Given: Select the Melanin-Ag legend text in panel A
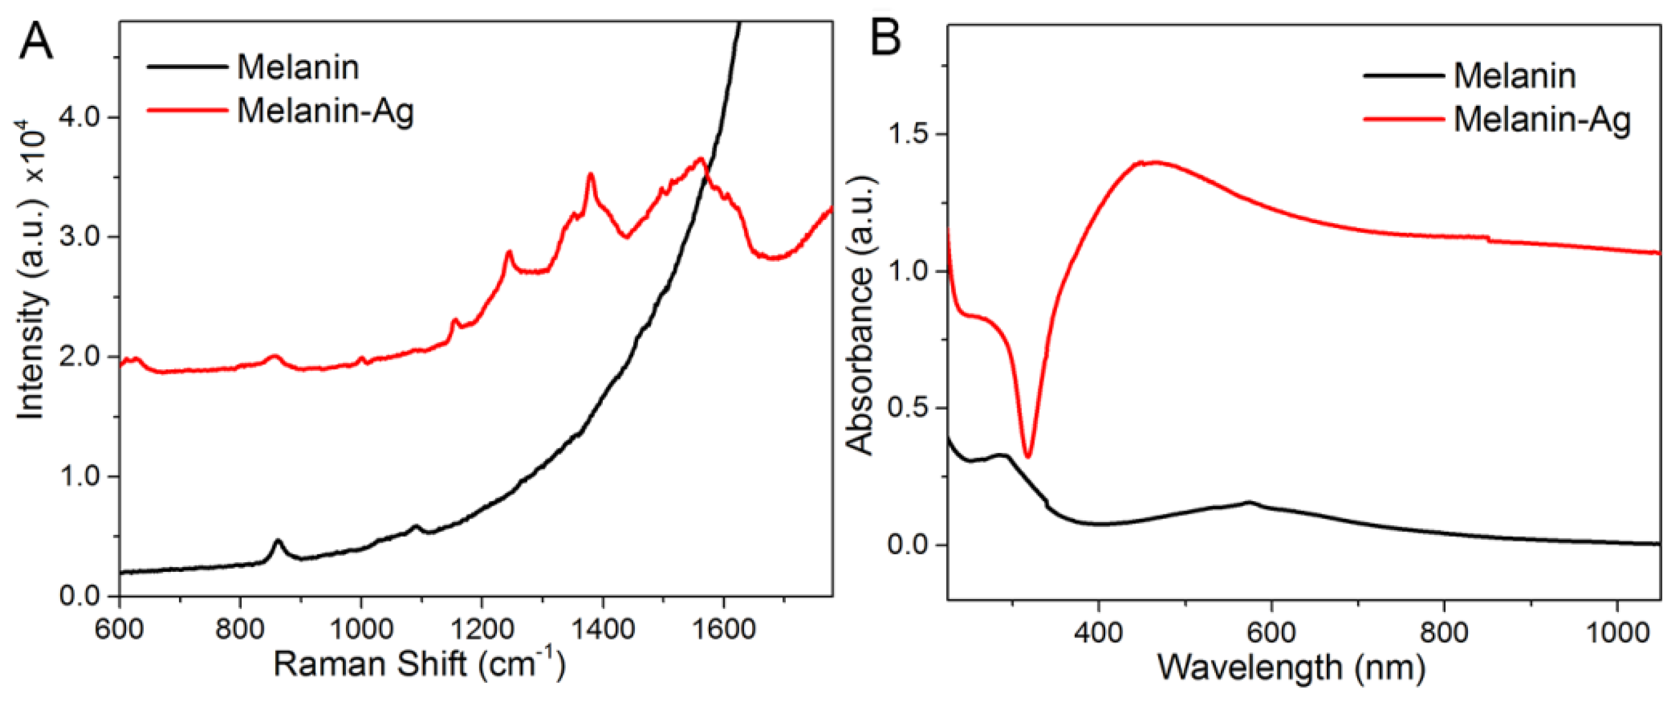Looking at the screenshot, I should click(325, 111).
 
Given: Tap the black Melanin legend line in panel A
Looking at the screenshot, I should click(187, 67).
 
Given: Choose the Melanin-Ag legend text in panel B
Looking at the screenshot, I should click(1542, 120).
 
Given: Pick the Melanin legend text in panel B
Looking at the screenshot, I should click(1514, 76).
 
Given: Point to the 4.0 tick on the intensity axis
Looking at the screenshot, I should click(80, 117).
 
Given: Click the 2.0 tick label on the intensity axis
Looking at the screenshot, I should click(80, 357).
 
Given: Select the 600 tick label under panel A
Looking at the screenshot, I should click(119, 629).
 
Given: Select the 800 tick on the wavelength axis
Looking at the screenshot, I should click(1445, 632).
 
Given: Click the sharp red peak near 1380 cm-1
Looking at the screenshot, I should click(591, 174).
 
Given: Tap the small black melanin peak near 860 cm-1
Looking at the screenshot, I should click(279, 541).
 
